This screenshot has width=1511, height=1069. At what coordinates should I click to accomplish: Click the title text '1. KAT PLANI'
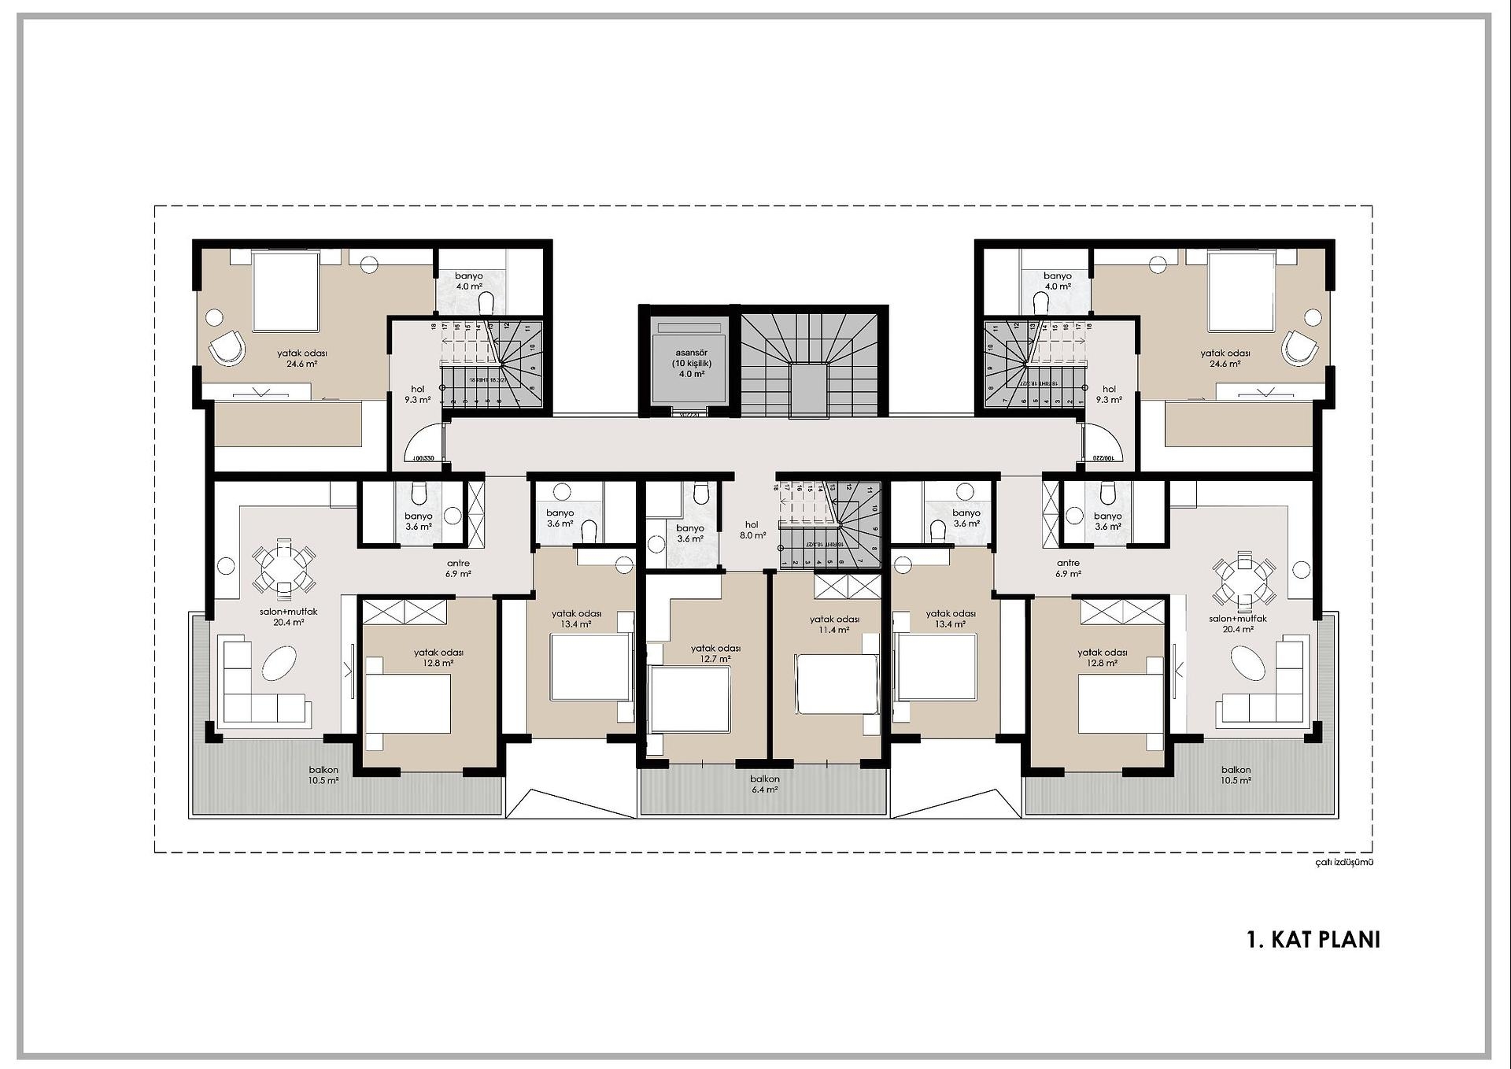[1313, 940]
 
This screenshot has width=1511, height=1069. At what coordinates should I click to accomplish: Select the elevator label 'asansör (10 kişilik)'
[692, 358]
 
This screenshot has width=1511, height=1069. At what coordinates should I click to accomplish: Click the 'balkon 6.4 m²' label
[764, 784]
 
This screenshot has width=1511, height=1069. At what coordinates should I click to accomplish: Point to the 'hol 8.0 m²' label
[752, 530]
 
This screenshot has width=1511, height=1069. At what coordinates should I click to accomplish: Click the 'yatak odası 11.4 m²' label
[834, 624]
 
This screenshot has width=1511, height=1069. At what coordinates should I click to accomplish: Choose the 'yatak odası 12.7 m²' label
[715, 653]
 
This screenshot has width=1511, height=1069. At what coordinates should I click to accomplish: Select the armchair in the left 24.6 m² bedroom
[227, 346]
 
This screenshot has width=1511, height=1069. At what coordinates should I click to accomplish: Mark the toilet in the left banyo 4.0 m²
[486, 302]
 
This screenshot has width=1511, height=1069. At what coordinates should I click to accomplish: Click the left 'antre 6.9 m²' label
[458, 568]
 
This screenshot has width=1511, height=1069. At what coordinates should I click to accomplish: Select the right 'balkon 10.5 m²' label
[1236, 775]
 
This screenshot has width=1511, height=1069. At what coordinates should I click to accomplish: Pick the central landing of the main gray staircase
[809, 390]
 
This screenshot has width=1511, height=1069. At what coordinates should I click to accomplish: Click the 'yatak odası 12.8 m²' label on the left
[438, 657]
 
